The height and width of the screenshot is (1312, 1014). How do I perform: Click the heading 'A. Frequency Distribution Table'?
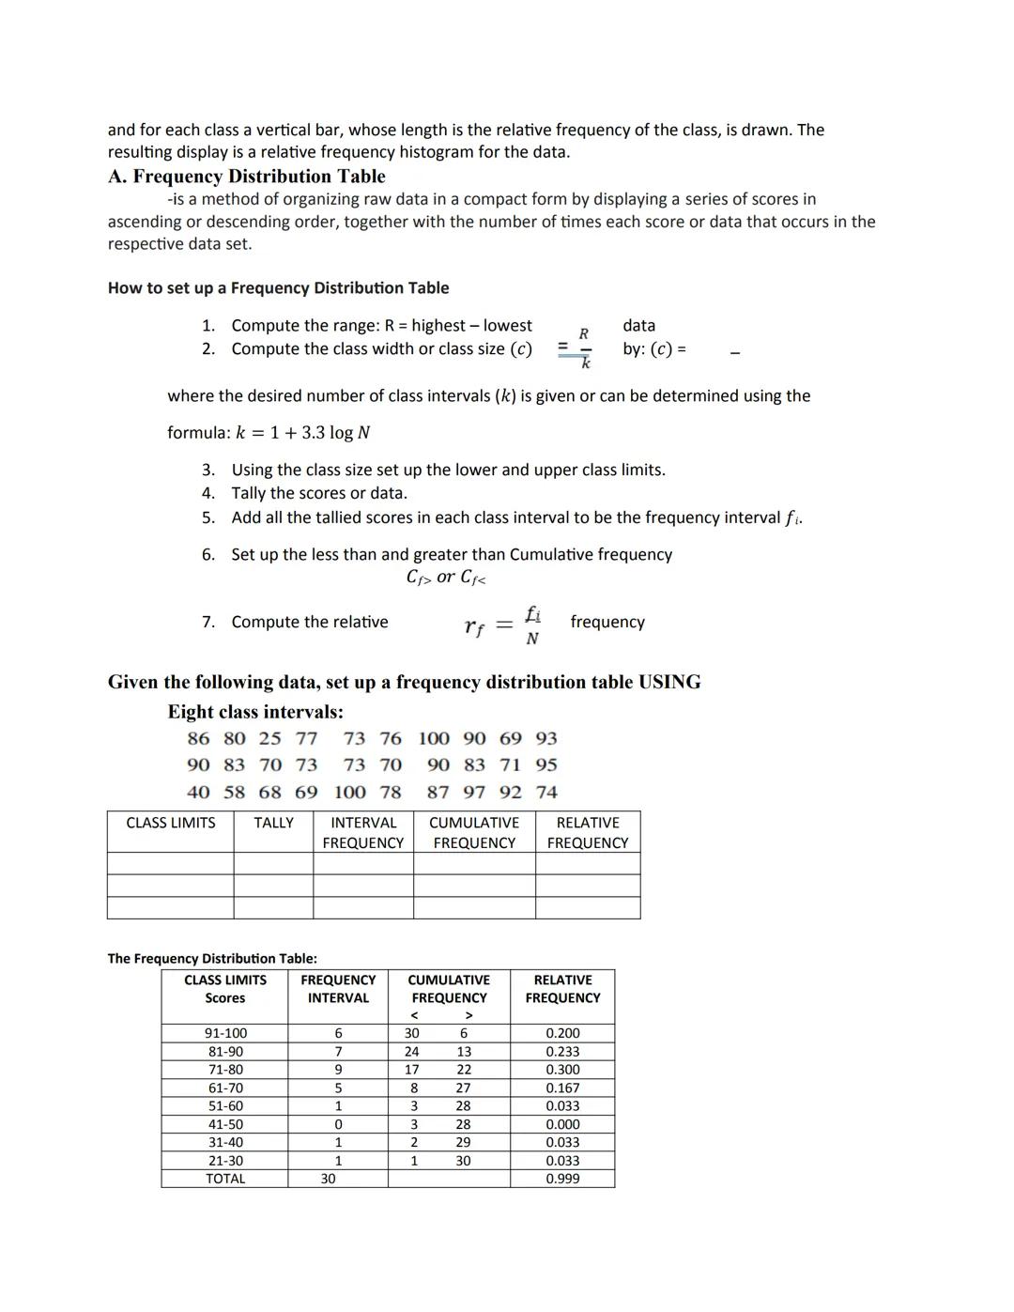point(246,177)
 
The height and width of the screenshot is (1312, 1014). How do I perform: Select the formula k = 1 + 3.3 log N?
point(269,433)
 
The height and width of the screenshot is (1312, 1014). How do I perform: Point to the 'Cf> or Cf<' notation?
point(446,578)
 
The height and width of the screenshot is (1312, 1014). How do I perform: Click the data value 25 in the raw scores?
point(269,739)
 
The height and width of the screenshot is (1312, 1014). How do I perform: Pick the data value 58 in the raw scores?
point(234,793)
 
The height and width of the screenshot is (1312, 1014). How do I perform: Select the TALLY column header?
point(273,823)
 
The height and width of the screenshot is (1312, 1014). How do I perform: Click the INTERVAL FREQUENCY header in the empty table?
point(362,833)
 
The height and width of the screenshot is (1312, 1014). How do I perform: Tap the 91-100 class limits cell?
point(225,1033)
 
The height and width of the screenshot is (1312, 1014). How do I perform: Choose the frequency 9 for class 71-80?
point(338,1070)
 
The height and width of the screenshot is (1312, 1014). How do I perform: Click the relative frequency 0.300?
point(562,1070)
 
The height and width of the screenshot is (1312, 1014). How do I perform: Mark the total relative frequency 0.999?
point(562,1179)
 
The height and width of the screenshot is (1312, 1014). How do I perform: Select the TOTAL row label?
point(225,1179)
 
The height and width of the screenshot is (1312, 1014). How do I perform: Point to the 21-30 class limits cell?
point(225,1161)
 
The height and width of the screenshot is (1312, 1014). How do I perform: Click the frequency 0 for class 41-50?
point(338,1124)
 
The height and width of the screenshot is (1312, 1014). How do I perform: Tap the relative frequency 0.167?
point(562,1088)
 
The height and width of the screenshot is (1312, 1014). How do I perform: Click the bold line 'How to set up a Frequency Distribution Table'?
point(278,288)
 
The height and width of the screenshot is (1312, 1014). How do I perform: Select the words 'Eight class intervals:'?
point(255,712)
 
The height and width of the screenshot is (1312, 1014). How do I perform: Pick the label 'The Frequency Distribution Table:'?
point(212,959)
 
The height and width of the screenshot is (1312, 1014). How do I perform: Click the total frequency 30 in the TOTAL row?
point(328,1179)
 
